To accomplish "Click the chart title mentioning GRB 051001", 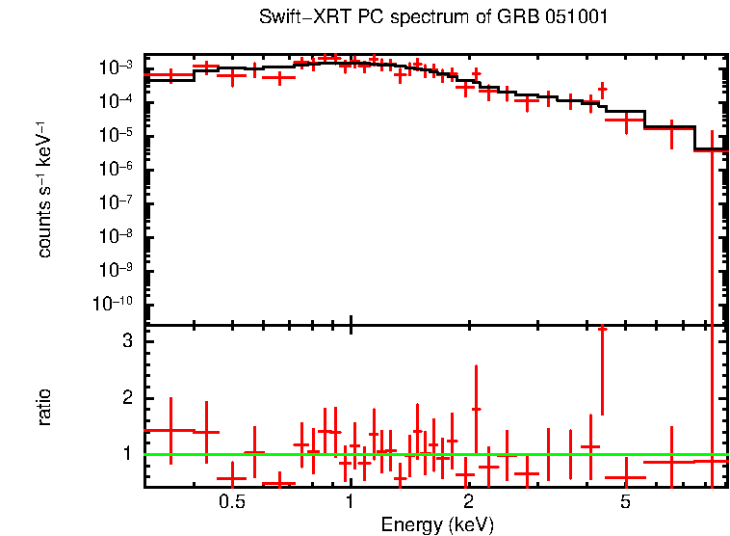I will click(433, 18).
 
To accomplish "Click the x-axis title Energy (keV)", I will click(437, 524).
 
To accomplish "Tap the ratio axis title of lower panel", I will click(45, 407).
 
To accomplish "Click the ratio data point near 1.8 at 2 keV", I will click(476, 409).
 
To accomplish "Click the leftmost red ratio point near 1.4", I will click(170, 430).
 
